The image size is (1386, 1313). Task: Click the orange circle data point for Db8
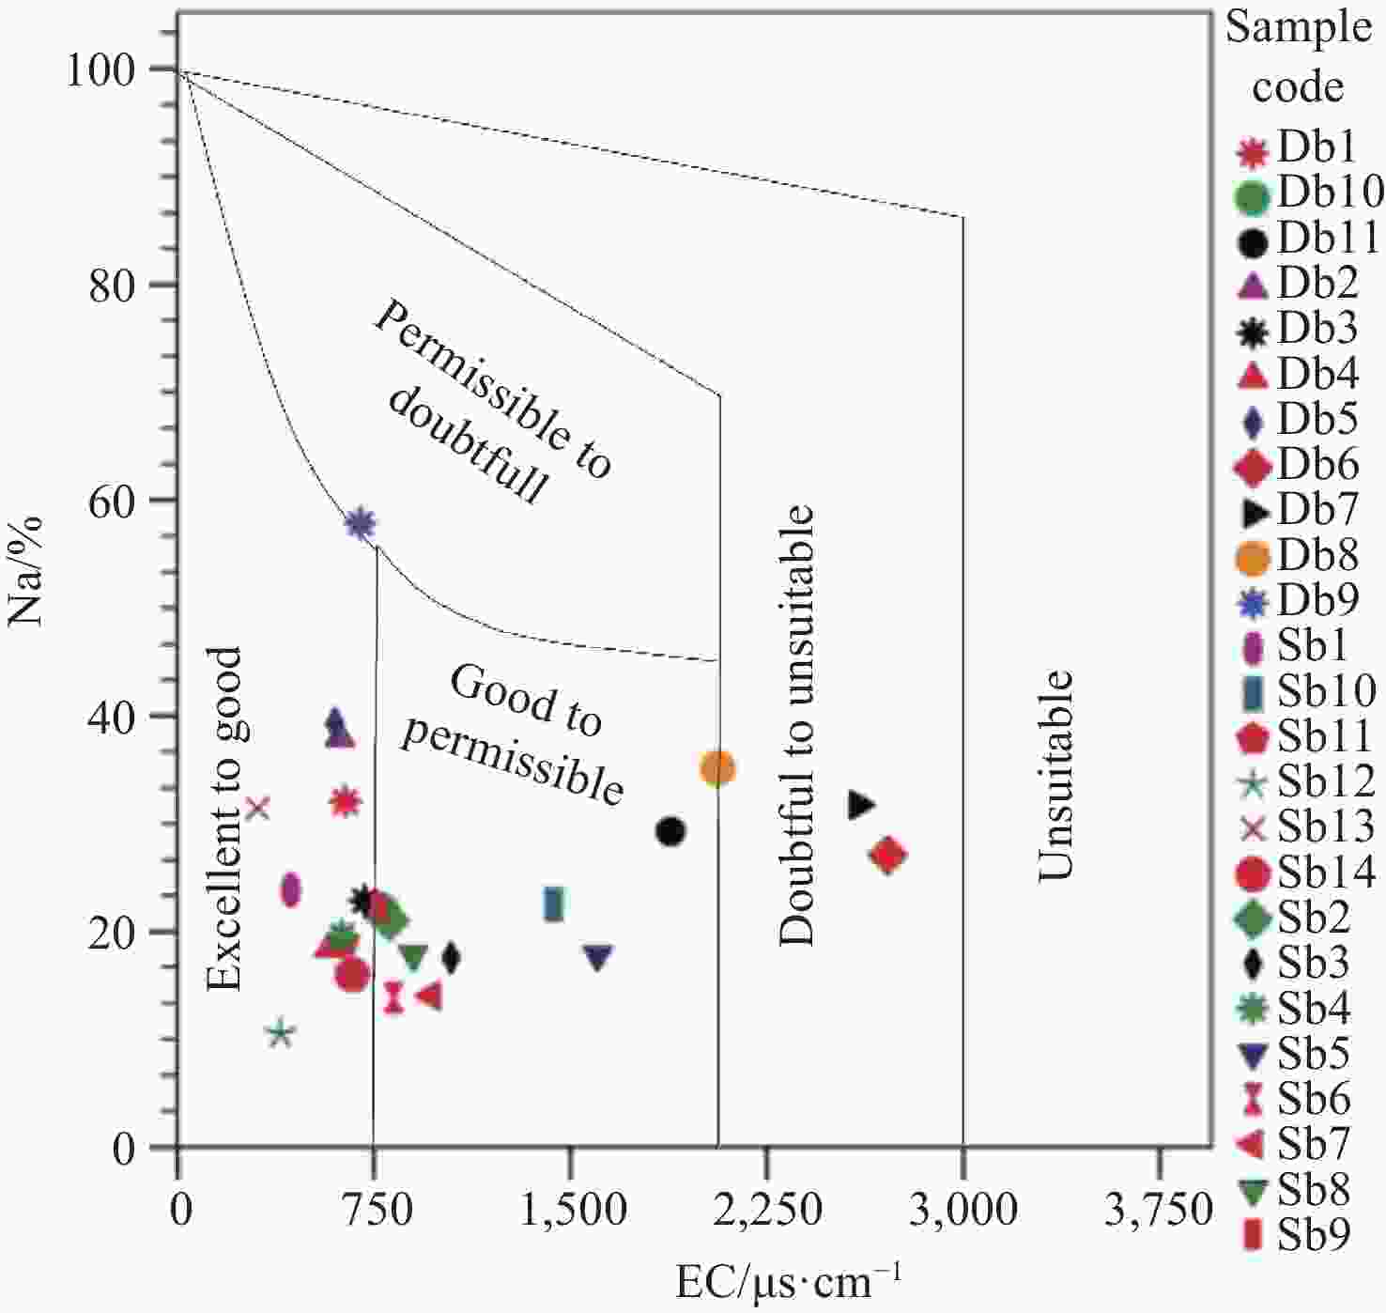(717, 768)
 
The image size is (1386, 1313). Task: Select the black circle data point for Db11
(670, 832)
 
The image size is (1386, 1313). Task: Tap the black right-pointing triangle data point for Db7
(861, 804)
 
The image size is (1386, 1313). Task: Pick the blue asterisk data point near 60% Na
(361, 524)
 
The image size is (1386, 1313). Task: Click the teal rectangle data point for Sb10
(554, 904)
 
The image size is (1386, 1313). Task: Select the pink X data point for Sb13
(258, 808)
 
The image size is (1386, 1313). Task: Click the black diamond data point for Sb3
(451, 958)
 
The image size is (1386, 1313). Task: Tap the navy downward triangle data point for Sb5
(598, 957)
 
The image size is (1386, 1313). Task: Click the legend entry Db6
(1296, 465)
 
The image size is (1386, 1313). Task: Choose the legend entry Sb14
(1305, 873)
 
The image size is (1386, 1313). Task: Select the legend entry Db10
(1309, 192)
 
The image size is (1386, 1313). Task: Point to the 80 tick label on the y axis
(112, 286)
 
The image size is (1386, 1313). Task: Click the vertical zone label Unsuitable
(1055, 777)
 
